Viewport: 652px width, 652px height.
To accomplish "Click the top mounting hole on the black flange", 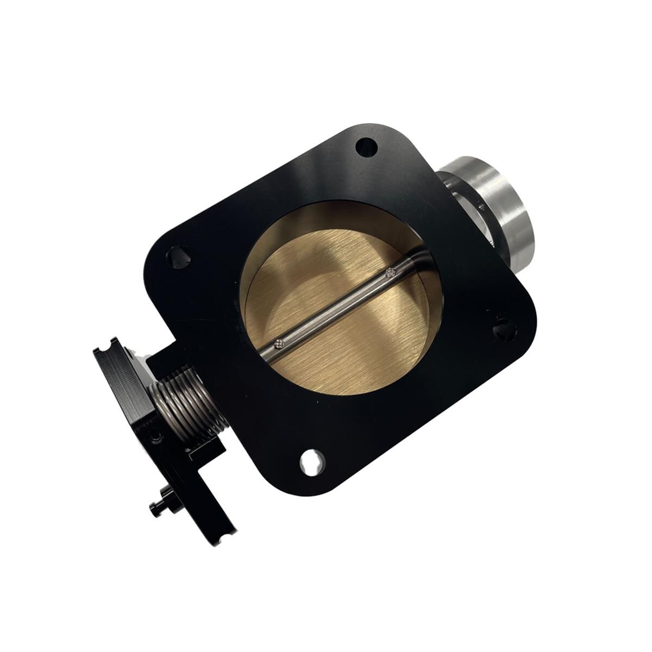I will point(366,147).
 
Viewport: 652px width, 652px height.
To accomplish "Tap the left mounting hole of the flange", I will point(178,256).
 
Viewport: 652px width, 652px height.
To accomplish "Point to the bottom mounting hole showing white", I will point(312,460).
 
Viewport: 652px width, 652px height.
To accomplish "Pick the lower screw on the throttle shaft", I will point(279,343).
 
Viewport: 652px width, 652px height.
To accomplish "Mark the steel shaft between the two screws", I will point(334,308).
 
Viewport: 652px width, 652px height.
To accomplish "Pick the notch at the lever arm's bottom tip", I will point(231,530).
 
